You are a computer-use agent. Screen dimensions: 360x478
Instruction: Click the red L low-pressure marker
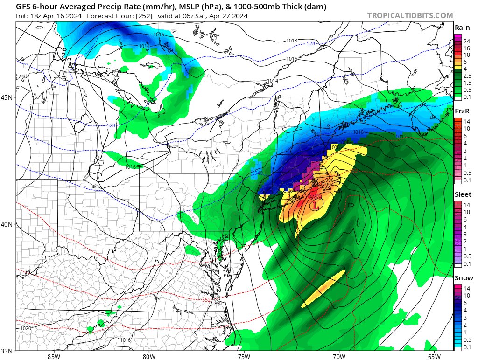point(317,205)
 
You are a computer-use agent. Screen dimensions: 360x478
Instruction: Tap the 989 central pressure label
point(316,197)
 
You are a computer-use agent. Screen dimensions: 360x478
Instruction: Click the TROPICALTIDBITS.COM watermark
point(410,15)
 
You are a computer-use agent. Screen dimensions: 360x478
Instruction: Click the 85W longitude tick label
point(54,357)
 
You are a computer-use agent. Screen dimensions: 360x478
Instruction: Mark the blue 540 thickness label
point(258,173)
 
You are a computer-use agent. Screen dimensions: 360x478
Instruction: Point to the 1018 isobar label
point(292,41)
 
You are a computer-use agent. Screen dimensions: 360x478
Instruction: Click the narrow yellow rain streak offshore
point(323,288)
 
